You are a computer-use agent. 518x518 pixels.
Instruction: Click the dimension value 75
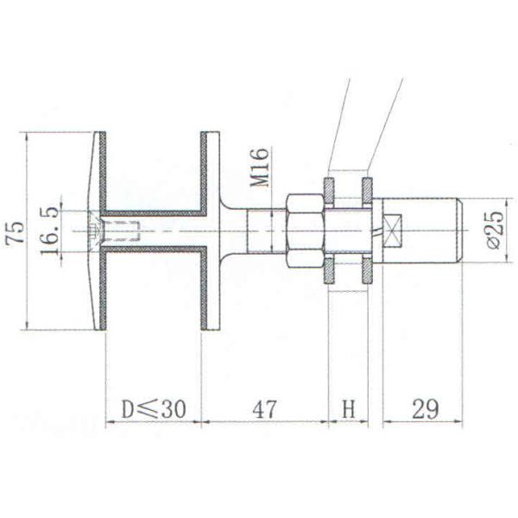coord(16,231)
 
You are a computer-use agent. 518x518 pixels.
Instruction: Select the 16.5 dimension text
coord(49,231)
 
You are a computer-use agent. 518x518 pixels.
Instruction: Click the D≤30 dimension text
coord(153,408)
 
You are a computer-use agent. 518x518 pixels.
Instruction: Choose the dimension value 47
coord(265,408)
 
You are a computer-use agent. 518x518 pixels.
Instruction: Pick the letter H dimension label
coord(349,408)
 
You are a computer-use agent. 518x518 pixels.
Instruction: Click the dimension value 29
coord(423,408)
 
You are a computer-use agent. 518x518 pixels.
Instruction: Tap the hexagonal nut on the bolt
coord(304,231)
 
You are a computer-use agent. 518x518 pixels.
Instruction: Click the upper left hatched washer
coord(329,190)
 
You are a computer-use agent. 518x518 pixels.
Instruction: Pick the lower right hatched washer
coord(367,271)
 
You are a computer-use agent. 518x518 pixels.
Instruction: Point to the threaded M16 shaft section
coord(264,231)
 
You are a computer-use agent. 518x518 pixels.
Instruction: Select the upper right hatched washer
coord(367,190)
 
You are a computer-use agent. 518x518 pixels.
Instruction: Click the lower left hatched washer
coord(329,271)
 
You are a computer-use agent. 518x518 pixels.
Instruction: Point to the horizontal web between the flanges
coord(154,231)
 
